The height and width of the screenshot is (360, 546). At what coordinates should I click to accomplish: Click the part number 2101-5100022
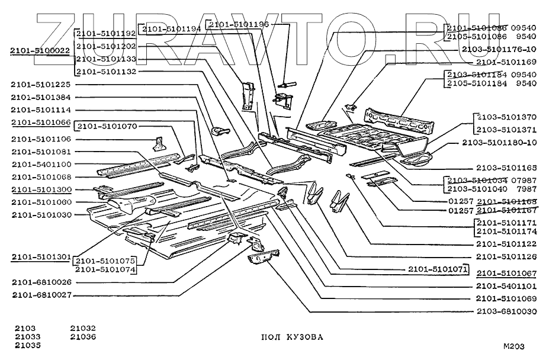click(x=40, y=53)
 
